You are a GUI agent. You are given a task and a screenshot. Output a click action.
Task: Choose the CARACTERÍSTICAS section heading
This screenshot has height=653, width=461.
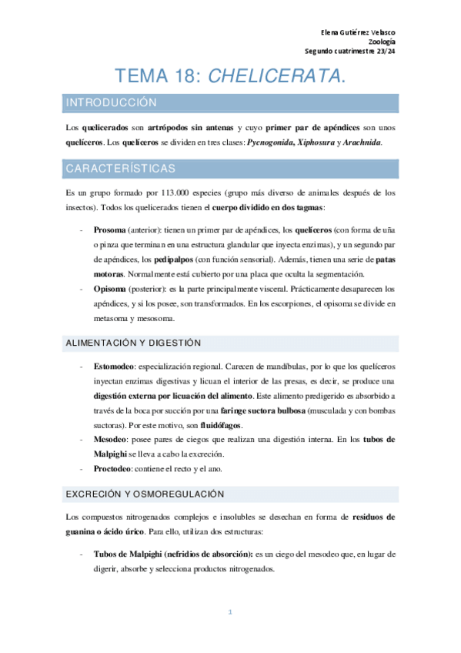(x=121, y=168)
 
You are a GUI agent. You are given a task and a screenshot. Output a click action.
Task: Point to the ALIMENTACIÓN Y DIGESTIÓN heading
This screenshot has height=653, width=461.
(x=132, y=342)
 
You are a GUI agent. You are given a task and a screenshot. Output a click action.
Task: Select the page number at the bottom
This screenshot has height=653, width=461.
(x=230, y=611)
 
